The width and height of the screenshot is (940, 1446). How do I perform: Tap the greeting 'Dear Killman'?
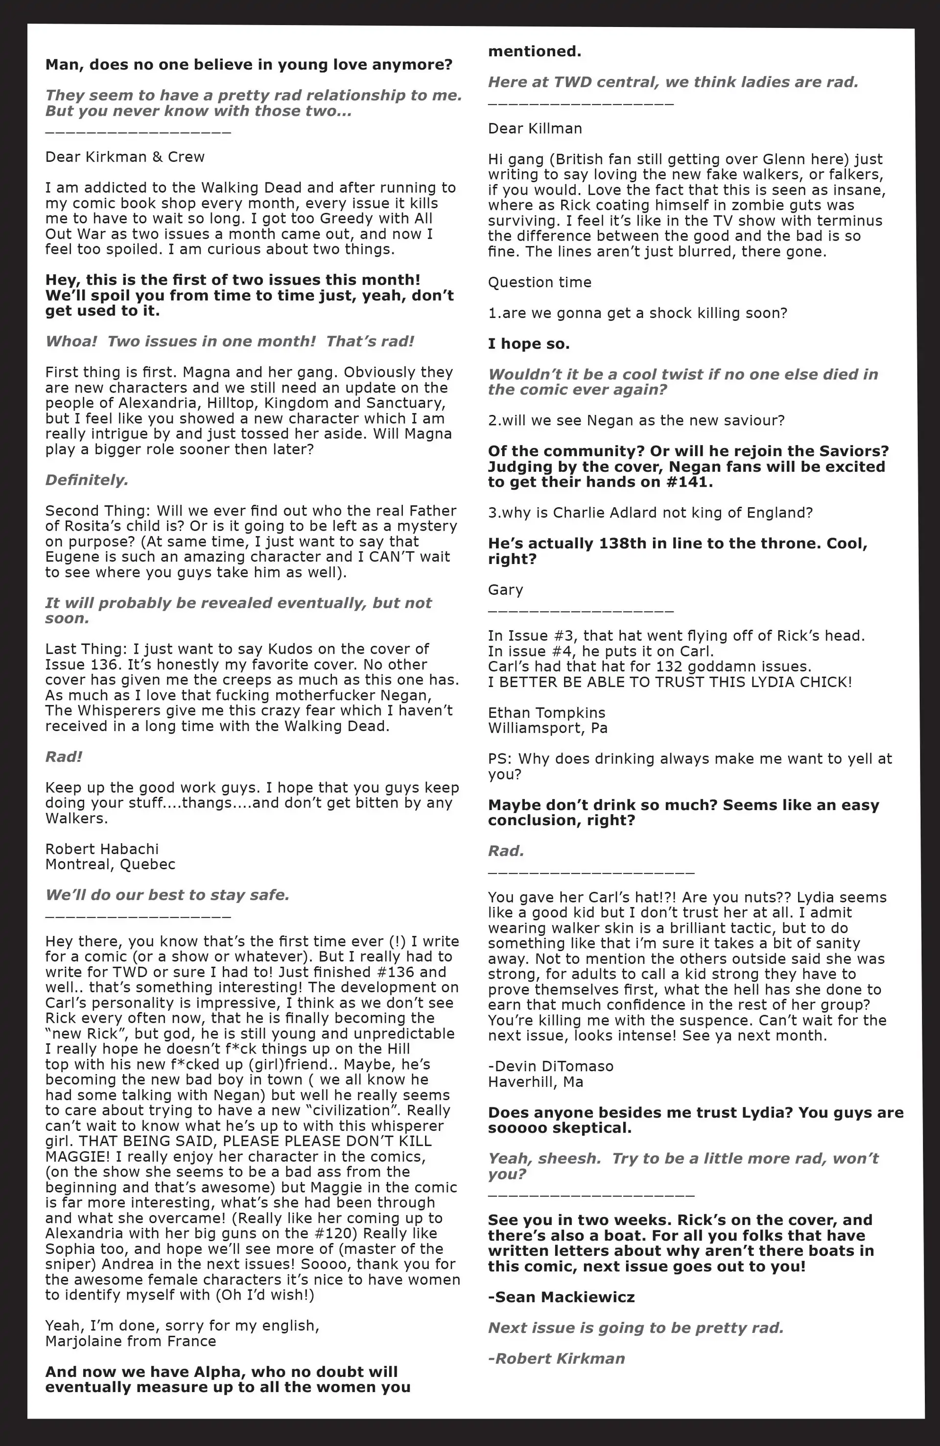(x=534, y=129)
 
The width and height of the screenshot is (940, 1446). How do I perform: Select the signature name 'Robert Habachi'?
(x=101, y=849)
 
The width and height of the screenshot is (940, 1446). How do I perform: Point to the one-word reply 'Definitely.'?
(x=87, y=480)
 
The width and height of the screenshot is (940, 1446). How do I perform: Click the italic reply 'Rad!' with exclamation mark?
(x=64, y=757)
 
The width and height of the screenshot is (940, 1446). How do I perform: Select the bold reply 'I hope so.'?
(x=528, y=344)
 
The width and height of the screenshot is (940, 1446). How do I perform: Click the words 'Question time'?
(x=539, y=283)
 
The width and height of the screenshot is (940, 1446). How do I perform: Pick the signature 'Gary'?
(x=505, y=589)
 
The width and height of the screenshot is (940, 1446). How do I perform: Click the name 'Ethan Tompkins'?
(x=546, y=712)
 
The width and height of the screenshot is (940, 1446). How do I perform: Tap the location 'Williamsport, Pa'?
(x=548, y=728)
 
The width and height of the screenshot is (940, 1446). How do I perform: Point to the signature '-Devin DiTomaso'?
(x=550, y=1066)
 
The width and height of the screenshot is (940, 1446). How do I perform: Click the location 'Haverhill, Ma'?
(x=536, y=1081)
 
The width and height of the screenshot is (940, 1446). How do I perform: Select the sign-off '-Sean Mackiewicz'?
(x=561, y=1297)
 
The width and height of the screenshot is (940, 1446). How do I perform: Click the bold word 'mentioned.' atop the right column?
(x=534, y=51)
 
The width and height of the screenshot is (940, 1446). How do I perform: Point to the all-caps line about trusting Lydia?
(x=670, y=682)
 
